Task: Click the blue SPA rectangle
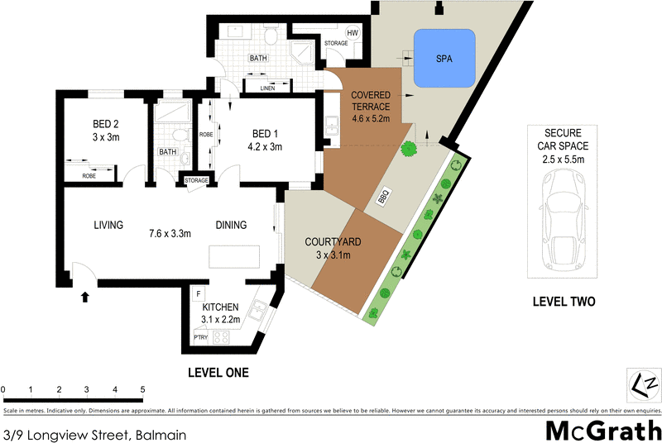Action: pos(444,59)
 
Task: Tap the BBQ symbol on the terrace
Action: pos(383,198)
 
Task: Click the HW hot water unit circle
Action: pos(353,34)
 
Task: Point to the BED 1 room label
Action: pos(267,141)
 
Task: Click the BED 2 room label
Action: pos(106,131)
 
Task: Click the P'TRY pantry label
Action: pos(200,338)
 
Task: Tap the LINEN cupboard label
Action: pos(266,87)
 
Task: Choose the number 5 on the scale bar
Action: pos(142,389)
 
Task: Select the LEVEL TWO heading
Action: pos(563,302)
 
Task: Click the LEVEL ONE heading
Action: pos(218,373)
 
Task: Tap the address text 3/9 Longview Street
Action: pos(94,434)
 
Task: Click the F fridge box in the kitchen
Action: pos(198,294)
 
